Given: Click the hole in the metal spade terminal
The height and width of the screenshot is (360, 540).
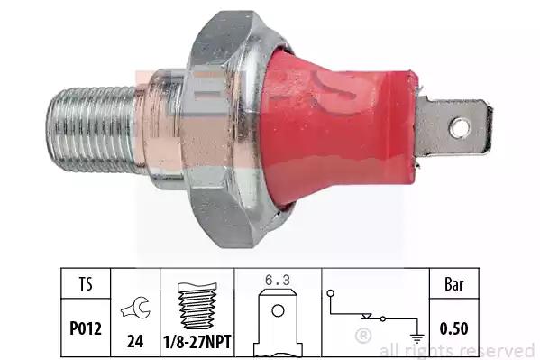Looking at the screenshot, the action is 459,128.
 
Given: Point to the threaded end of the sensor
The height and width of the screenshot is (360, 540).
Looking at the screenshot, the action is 91,130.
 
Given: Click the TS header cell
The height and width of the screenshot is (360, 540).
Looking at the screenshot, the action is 86,283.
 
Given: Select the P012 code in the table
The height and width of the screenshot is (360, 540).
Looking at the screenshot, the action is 86,328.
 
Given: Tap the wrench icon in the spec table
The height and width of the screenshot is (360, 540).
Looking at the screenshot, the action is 136,308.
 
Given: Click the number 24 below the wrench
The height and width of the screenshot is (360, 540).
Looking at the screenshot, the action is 135,341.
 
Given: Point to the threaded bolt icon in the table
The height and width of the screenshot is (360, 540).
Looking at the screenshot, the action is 197,306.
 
